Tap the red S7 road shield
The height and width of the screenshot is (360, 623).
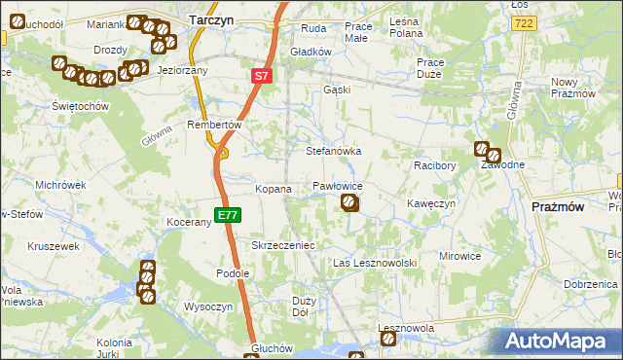[x=261, y=75]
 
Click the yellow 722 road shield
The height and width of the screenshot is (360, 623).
[x=524, y=22]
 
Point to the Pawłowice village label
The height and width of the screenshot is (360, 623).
[x=338, y=185]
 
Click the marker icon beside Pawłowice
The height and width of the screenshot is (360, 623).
[x=350, y=203]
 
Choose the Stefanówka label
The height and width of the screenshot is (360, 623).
[x=334, y=152]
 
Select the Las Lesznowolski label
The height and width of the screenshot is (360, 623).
[x=375, y=264]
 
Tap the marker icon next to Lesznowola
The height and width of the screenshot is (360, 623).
[x=388, y=339]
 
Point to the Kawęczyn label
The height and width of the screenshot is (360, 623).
[x=431, y=203]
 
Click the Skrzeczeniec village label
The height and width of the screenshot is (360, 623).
[x=283, y=246]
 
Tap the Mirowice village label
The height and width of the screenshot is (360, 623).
[x=460, y=256]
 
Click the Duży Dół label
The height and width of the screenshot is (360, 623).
[x=302, y=307]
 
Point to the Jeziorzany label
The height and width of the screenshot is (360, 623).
[x=182, y=71]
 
